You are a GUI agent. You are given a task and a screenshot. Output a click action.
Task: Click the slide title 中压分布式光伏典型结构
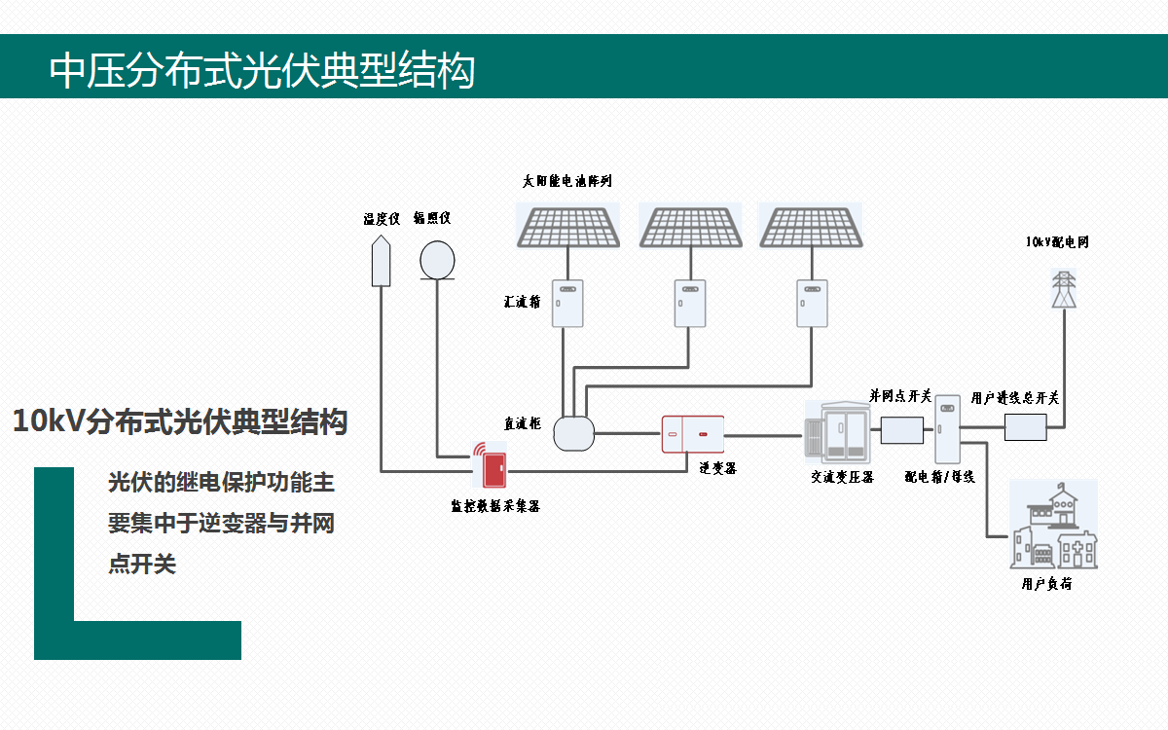click(262, 70)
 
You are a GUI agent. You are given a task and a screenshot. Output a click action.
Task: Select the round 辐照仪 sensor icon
click(437, 260)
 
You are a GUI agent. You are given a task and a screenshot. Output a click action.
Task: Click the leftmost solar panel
click(567, 226)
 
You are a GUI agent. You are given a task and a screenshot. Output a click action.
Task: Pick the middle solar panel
click(689, 226)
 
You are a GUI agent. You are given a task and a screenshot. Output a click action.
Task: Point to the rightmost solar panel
click(811, 226)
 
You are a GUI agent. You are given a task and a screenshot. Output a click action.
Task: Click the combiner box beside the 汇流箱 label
click(568, 303)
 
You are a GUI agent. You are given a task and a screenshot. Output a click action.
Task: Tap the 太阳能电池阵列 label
click(567, 182)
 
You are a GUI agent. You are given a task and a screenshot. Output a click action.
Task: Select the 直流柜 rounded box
click(573, 433)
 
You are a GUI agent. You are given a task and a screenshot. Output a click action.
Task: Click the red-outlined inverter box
click(694, 434)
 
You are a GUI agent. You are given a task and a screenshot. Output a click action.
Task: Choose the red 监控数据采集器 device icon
click(491, 465)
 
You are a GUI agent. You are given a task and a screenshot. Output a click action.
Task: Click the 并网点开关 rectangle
click(901, 430)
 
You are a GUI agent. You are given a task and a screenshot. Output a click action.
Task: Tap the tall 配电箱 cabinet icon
click(947, 429)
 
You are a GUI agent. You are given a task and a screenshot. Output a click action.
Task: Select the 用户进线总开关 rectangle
click(1025, 426)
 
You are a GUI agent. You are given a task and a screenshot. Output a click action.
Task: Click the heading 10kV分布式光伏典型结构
click(180, 421)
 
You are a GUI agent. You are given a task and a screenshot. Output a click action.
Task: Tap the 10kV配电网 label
click(1057, 241)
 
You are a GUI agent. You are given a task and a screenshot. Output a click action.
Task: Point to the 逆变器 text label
click(717, 468)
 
